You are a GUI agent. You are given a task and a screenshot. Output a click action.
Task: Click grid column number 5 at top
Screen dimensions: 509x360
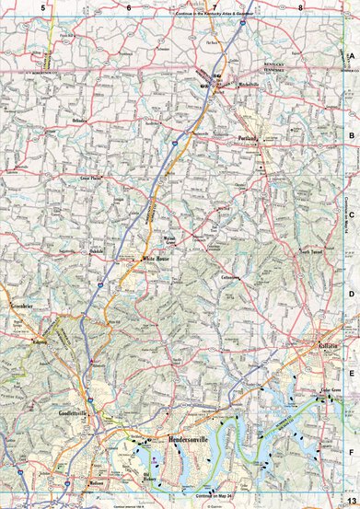click(42, 7)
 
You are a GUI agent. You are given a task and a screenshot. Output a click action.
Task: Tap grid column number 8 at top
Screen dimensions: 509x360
click(301, 7)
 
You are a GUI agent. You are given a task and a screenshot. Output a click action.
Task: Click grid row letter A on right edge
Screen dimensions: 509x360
click(352, 56)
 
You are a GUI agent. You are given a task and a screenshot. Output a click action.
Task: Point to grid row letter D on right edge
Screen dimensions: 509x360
click(352, 295)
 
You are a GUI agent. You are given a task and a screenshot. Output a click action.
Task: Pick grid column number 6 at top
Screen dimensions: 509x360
click(129, 7)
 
